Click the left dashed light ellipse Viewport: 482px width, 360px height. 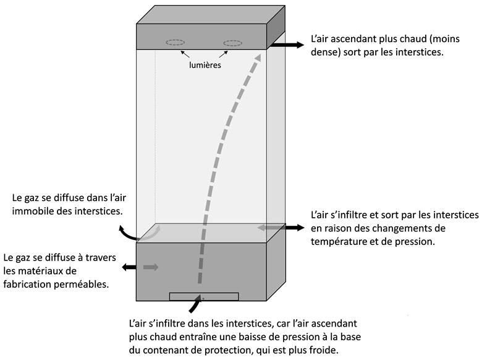click(x=175, y=43)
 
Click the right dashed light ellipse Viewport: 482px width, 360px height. click(x=232, y=43)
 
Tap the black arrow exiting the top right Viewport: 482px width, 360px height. click(x=288, y=45)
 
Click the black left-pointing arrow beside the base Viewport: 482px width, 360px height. click(x=130, y=267)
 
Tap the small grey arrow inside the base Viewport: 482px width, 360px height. click(x=150, y=267)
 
